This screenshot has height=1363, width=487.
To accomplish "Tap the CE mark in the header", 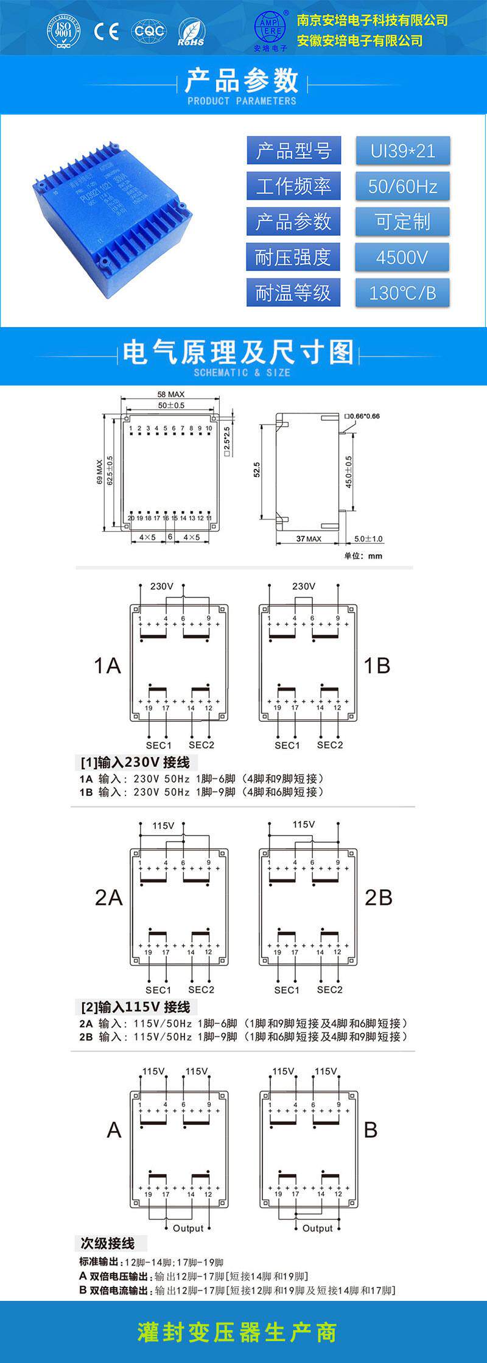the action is [x=106, y=31].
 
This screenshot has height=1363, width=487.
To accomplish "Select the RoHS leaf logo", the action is [x=191, y=32].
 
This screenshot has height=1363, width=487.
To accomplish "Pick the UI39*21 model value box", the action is [x=402, y=151].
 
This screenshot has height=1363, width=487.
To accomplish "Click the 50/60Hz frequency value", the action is [x=402, y=186].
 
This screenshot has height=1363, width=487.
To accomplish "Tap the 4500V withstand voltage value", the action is [x=402, y=258].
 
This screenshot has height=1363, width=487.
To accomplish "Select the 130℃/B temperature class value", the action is [x=402, y=293].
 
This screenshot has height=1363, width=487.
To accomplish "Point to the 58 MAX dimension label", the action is [x=170, y=395].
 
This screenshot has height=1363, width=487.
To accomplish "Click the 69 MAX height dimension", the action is [x=100, y=472].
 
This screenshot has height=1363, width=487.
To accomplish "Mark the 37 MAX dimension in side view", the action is [x=309, y=539].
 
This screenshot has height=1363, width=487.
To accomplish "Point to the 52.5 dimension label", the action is [x=257, y=470].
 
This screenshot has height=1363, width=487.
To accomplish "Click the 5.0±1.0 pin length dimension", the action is [x=369, y=539].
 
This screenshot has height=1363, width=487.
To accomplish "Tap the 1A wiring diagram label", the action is [x=107, y=666].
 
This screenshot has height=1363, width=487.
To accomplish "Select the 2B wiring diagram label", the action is [x=378, y=897].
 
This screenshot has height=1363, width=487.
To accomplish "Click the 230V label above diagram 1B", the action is [x=303, y=586].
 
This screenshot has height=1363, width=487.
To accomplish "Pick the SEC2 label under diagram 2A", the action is [x=201, y=990].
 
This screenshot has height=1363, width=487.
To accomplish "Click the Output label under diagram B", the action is [x=317, y=1228].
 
